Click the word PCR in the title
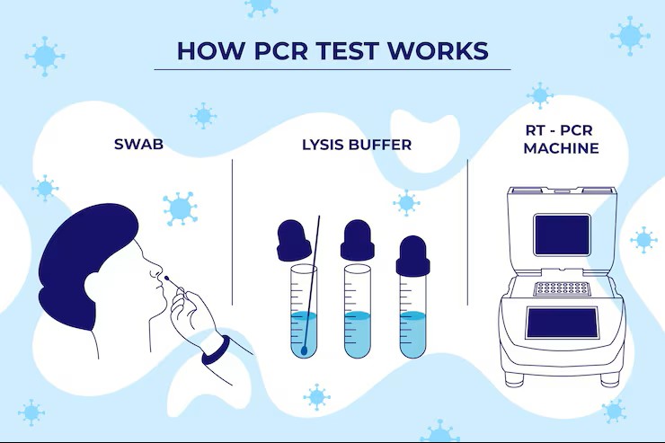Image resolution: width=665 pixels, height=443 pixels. click(270, 50)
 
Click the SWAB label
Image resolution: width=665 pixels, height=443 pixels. click(139, 143)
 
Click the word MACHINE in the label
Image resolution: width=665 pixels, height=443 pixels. click(561, 148)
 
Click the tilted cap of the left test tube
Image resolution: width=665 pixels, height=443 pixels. click(292, 241)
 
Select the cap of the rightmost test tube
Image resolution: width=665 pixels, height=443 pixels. click(412, 255)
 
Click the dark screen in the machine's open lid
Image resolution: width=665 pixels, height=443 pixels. click(562, 234)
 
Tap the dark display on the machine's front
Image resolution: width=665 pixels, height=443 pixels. click(561, 323)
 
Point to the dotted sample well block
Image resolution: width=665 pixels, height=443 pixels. click(559, 289)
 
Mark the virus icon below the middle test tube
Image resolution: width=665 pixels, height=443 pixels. click(316, 396)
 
